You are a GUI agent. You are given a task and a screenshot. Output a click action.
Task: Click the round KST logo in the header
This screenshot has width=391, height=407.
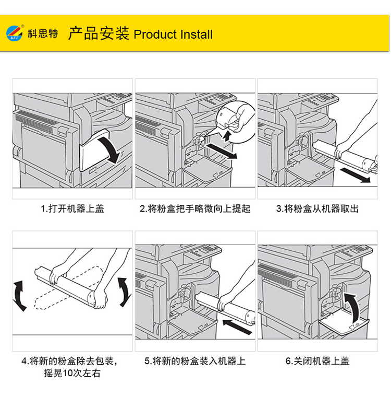point(14,33)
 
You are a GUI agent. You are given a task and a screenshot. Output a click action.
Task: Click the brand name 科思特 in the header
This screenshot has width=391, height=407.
point(43,33)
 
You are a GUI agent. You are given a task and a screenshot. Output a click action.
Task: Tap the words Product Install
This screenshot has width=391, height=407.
point(173,34)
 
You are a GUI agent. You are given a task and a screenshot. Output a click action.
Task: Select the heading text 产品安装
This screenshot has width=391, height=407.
point(99,33)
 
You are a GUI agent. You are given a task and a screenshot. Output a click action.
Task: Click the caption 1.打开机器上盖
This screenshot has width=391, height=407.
point(72,208)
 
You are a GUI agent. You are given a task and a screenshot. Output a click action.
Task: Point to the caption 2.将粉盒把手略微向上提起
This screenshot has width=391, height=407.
point(195,208)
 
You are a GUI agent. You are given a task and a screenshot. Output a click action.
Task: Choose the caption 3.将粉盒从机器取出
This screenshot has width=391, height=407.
point(317,208)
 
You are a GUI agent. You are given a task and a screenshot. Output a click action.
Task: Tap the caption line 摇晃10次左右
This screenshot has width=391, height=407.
point(72,373)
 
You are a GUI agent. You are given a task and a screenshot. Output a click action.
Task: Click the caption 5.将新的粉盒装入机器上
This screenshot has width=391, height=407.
point(195,361)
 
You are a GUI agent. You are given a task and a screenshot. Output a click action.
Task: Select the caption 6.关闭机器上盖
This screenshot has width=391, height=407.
point(317,361)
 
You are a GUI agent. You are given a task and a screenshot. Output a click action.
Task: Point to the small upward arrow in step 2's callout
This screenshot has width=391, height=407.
point(227,136)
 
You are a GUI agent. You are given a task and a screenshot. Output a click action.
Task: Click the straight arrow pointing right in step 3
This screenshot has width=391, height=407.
point(355,175)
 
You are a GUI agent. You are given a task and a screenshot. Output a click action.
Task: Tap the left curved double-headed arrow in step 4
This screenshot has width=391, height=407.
point(19,295)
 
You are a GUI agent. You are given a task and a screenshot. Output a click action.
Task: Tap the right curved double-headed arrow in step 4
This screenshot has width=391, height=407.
point(125,292)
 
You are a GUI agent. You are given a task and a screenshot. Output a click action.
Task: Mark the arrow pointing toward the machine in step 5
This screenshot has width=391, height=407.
point(237,327)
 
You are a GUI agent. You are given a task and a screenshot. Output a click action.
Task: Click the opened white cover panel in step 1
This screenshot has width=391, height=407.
point(94,150)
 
